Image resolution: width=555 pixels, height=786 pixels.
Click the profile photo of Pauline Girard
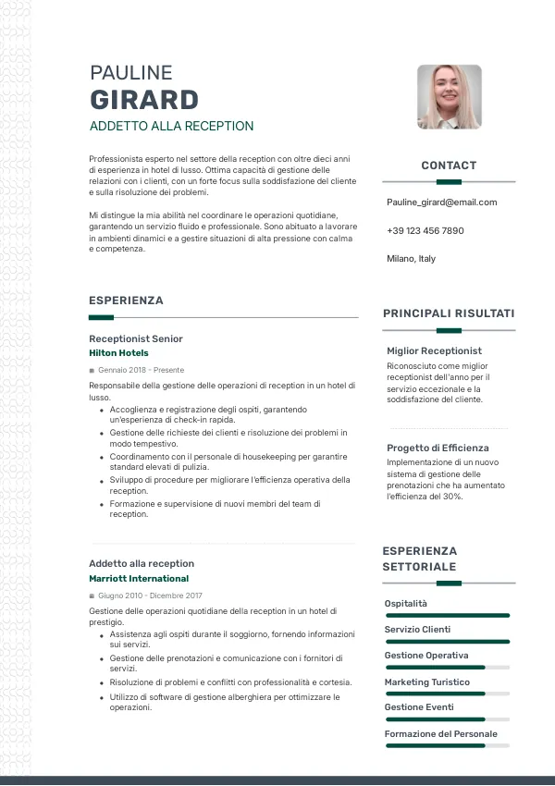coord(449,97)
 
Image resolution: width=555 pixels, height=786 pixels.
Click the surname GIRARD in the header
coord(143,100)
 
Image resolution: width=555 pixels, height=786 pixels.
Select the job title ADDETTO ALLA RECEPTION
coord(171,126)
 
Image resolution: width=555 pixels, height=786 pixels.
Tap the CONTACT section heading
coord(449,166)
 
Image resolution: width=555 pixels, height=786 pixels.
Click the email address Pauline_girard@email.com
coord(441,203)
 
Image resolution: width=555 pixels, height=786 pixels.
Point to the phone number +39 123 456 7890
coord(425,230)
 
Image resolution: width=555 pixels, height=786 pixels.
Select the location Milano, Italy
coord(411,259)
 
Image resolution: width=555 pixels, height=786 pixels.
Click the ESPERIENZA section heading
coord(126,301)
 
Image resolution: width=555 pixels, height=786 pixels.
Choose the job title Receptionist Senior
coord(136,339)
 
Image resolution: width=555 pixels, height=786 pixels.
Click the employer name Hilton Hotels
coord(118,353)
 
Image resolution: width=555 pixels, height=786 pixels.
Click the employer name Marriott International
coord(139,579)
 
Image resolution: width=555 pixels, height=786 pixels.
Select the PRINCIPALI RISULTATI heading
coord(449,313)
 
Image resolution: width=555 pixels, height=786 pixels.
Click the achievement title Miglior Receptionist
coord(434,351)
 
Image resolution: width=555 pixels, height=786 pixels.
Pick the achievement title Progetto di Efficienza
coord(438,448)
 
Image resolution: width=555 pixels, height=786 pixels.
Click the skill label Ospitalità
coord(406,604)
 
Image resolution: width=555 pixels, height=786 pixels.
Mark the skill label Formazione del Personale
coord(440,734)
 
